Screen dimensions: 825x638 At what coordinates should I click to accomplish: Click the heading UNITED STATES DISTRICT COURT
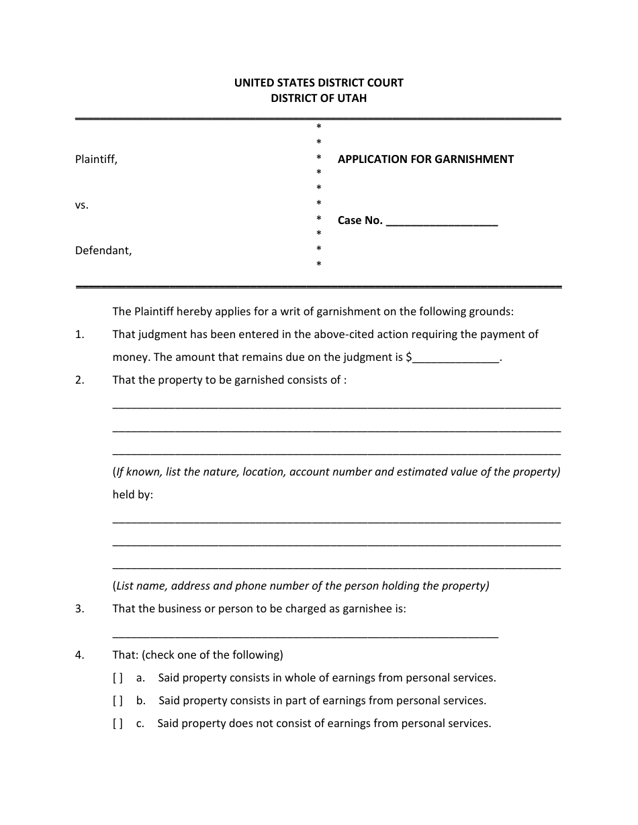[318, 83]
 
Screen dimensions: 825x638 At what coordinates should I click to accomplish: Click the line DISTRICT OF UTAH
[318, 98]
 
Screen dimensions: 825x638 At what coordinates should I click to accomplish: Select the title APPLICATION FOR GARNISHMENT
[425, 160]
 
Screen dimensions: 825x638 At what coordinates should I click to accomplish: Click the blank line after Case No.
[442, 222]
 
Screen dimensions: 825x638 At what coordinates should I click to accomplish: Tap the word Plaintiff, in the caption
[96, 160]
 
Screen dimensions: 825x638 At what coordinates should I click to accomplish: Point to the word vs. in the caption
[82, 206]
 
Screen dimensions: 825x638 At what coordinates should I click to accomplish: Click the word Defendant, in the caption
[103, 251]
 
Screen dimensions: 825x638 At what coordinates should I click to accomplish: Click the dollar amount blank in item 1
[456, 359]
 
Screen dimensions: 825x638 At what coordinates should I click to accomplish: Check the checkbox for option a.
[118, 678]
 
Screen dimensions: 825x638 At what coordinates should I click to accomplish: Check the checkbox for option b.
[118, 701]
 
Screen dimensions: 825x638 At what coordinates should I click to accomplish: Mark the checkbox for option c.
[118, 724]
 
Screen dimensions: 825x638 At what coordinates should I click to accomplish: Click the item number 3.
[79, 609]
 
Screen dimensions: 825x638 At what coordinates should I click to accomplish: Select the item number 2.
[79, 380]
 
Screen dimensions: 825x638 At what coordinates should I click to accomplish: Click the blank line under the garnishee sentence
[305, 635]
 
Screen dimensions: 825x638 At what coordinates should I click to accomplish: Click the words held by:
[132, 495]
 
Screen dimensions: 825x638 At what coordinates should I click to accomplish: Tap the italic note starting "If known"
[336, 472]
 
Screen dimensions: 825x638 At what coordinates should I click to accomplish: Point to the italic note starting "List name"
[301, 586]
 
